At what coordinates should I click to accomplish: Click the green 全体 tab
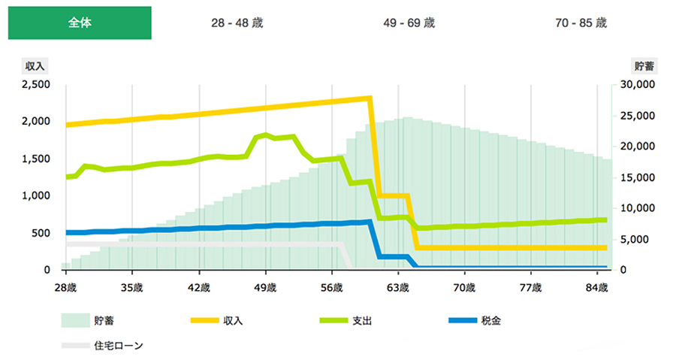tap(80, 23)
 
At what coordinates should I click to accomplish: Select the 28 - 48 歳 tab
tap(237, 23)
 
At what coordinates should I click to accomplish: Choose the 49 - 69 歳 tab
tap(409, 23)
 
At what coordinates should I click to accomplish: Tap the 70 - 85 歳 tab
tap(581, 23)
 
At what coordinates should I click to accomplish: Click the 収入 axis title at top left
tap(36, 65)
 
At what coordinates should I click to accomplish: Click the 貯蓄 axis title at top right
tap(644, 65)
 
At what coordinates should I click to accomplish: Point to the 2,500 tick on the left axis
tap(35, 84)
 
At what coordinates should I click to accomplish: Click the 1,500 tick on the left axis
tap(35, 159)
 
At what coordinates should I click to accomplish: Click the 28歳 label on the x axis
tap(66, 286)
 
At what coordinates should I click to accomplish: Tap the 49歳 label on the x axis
tap(266, 286)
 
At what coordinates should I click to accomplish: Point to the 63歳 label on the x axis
tap(399, 286)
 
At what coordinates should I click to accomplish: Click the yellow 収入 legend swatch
tap(205, 321)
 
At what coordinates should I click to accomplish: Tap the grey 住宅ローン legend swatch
tap(76, 346)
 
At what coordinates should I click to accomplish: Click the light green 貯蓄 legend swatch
tap(76, 321)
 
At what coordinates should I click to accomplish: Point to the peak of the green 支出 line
tap(267, 134)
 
